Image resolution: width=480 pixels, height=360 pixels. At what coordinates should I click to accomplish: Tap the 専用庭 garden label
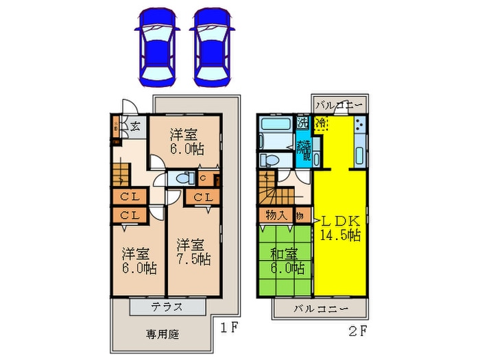click(x=162, y=335)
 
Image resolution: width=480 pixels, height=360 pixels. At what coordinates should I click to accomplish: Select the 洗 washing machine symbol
click(x=302, y=123)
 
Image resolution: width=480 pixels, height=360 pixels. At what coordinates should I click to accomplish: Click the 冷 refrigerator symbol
click(x=321, y=124)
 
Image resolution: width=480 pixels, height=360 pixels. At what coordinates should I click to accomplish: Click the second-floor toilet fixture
click(x=269, y=160)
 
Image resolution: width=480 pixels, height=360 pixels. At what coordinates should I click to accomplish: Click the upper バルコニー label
click(x=340, y=106)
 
